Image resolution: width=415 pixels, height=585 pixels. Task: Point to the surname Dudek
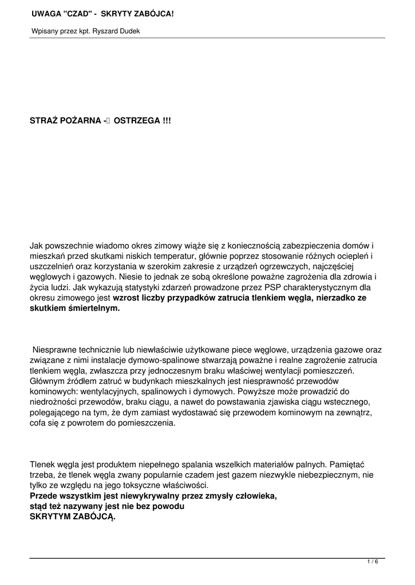(x=129, y=31)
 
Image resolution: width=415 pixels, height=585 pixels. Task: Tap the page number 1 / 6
(x=373, y=562)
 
